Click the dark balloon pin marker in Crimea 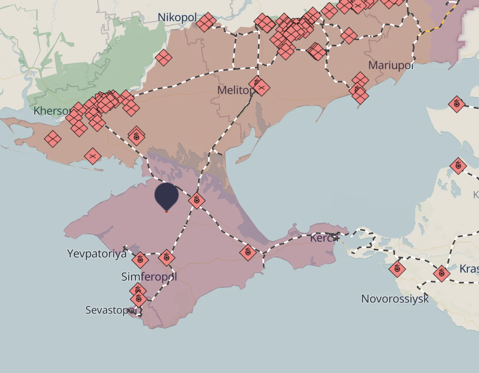pyautogui.click(x=166, y=195)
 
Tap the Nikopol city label pyautogui.click(x=177, y=17)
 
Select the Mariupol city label pyautogui.click(x=391, y=65)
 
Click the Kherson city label pyautogui.click(x=52, y=111)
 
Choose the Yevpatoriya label pyautogui.click(x=97, y=254)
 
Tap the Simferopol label pyautogui.click(x=149, y=277)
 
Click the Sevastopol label pyautogui.click(x=110, y=310)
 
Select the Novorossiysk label pyautogui.click(x=395, y=299)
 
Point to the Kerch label pyautogui.click(x=322, y=238)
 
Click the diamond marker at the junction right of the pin pyautogui.click(x=197, y=200)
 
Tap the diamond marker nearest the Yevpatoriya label pyautogui.click(x=140, y=260)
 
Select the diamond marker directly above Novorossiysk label pyautogui.click(x=397, y=269)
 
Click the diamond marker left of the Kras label pyautogui.click(x=441, y=273)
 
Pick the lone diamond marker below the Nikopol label pyautogui.click(x=164, y=58)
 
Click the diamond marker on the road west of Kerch pyautogui.click(x=248, y=252)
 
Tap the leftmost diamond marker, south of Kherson pyautogui.click(x=53, y=139)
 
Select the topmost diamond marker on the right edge pyautogui.click(x=457, y=104)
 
